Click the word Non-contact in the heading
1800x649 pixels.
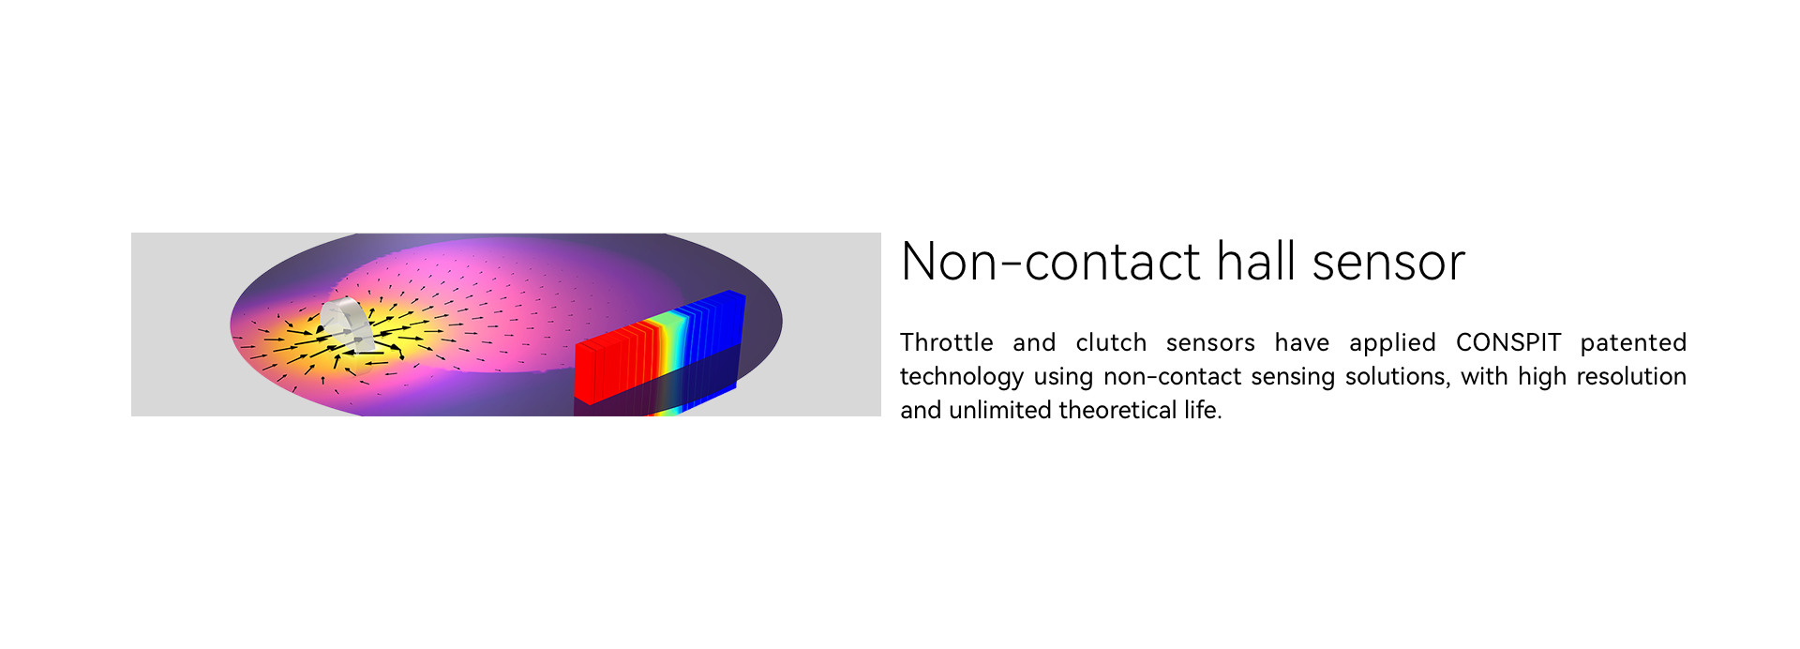point(1050,262)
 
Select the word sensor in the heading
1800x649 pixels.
point(1388,264)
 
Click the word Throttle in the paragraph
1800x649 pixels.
point(947,342)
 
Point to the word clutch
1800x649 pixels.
point(1111,342)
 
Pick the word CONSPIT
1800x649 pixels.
point(1508,342)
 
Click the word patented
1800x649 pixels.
point(1633,344)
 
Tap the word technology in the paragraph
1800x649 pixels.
point(962,378)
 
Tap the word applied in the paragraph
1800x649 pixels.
point(1392,344)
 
